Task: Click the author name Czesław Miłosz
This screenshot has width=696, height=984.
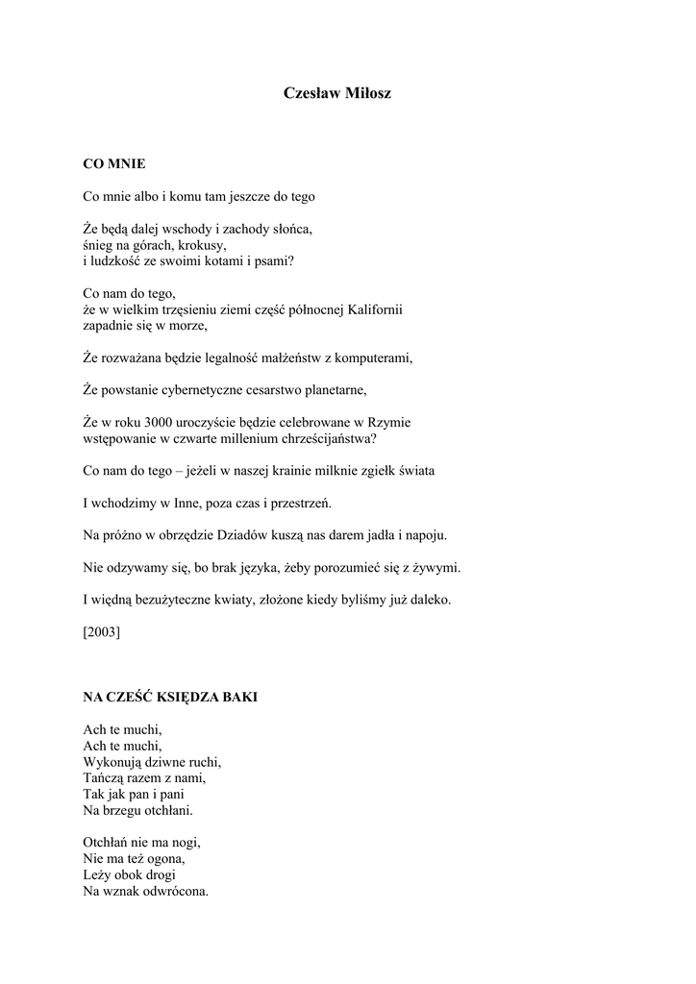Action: (337, 93)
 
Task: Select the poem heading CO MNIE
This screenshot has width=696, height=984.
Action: (114, 164)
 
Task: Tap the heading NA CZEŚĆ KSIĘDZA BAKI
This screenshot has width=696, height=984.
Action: (170, 697)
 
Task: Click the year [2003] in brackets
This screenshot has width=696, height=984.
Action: (102, 632)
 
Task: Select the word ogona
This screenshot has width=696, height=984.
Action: (163, 859)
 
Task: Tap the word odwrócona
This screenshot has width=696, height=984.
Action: (173, 891)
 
